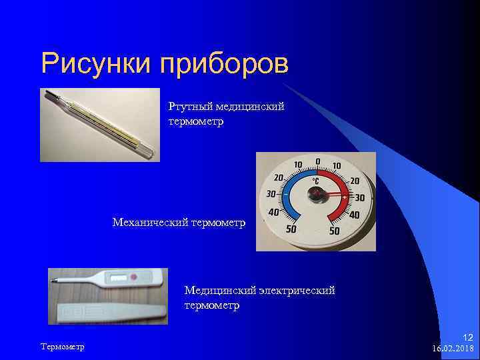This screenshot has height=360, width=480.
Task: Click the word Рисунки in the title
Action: point(97,64)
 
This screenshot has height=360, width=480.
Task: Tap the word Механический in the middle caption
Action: point(150,221)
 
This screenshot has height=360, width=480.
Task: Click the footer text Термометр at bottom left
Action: point(63,347)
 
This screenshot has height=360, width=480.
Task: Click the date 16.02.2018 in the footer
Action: point(452,348)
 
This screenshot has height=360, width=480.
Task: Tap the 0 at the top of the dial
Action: point(318,161)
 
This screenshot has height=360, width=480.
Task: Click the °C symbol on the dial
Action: point(317,180)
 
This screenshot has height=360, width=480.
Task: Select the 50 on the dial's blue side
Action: point(291,229)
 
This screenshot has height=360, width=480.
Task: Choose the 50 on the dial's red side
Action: point(335,231)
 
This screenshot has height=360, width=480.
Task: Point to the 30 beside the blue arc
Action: point(271,194)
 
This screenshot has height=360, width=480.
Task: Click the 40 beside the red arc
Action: point(354,215)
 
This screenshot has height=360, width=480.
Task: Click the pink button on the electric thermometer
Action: point(133,277)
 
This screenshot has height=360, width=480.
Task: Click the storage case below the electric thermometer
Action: point(110,311)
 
